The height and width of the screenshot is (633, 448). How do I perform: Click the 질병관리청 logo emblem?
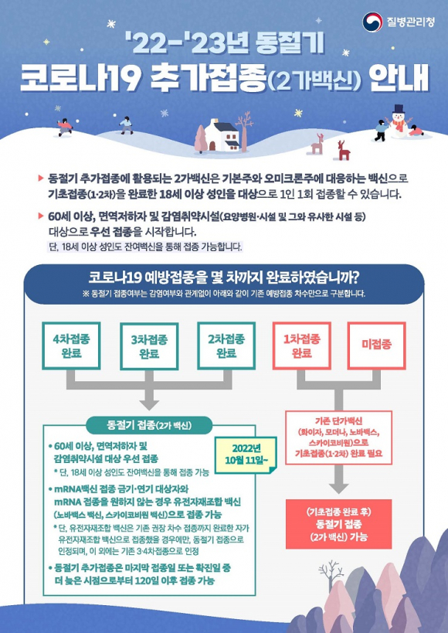point(372,22)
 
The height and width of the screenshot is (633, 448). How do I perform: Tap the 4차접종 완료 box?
point(71,346)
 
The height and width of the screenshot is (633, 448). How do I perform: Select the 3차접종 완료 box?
point(149,346)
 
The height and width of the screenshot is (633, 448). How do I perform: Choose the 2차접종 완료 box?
point(226,346)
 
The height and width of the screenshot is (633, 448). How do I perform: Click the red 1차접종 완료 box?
point(302,346)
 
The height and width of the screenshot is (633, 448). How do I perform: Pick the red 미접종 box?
point(377,346)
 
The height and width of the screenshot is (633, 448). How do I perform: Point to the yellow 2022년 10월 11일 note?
point(246,454)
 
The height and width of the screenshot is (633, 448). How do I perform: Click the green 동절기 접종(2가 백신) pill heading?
point(149,425)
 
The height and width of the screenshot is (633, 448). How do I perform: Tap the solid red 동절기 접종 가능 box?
point(338,524)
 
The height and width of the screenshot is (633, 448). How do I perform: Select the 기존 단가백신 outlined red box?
point(338,437)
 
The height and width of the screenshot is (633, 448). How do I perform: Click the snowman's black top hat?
point(399,109)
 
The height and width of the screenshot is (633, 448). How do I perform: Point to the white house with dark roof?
point(222,135)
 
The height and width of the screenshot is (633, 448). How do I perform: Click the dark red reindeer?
point(344,151)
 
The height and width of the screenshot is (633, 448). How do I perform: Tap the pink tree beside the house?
point(201,139)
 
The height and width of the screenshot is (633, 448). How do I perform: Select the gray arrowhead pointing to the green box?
point(149,403)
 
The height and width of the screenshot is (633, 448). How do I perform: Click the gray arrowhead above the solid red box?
point(338,487)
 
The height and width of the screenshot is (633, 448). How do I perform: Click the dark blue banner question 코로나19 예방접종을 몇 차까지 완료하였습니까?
point(224,277)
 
